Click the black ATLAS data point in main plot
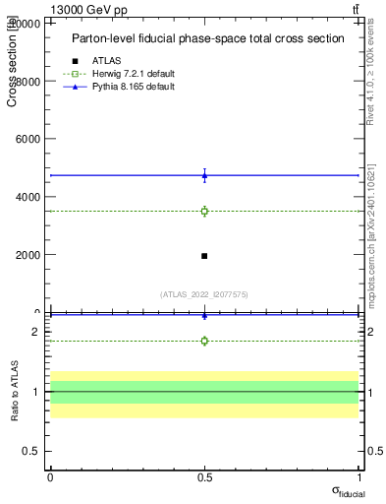[204, 256]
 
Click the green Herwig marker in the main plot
[204, 211]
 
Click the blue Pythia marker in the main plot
[204, 176]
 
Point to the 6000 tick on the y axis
[29, 139]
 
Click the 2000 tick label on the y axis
[29, 255]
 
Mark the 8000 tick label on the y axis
[29, 81]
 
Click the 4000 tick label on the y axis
[29, 197]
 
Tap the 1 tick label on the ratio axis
[35, 392]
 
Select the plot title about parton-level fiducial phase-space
[207, 39]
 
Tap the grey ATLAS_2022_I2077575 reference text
[204, 294]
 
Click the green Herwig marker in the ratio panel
[204, 341]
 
